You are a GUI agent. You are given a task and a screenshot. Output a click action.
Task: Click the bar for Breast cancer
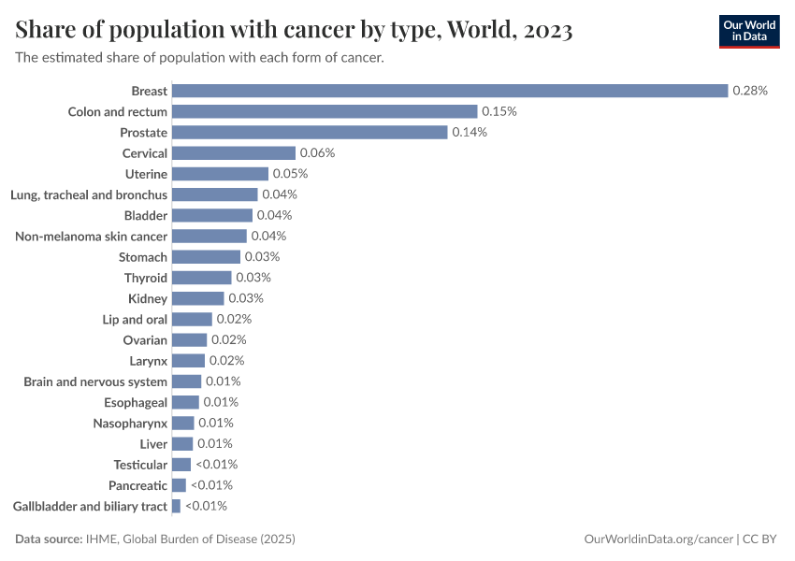click(449, 91)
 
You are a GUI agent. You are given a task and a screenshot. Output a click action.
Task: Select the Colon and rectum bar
click(325, 111)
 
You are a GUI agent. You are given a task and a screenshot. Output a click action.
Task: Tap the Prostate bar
click(310, 133)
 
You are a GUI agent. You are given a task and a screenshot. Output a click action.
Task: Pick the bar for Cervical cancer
click(234, 153)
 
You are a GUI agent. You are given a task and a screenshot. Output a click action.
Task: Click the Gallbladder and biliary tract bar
click(176, 506)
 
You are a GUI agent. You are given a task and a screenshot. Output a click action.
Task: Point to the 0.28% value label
click(750, 91)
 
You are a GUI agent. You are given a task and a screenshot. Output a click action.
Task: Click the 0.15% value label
click(499, 111)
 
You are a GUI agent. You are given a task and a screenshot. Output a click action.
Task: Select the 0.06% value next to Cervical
click(317, 153)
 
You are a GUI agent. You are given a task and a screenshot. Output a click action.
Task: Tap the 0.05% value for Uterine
click(290, 174)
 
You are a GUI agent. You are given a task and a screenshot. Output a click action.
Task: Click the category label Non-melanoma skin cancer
click(92, 237)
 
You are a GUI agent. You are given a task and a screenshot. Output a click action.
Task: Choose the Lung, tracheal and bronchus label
click(89, 194)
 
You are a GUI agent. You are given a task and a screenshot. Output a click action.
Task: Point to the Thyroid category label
click(146, 278)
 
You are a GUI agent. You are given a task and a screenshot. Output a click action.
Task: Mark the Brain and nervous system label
click(95, 381)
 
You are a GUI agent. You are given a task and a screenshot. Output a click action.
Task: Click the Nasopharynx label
click(130, 424)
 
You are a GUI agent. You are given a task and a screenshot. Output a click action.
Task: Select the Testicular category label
click(140, 465)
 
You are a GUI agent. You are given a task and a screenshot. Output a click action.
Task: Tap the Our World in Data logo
click(749, 31)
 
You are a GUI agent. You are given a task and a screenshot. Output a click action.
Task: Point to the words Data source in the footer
click(49, 539)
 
